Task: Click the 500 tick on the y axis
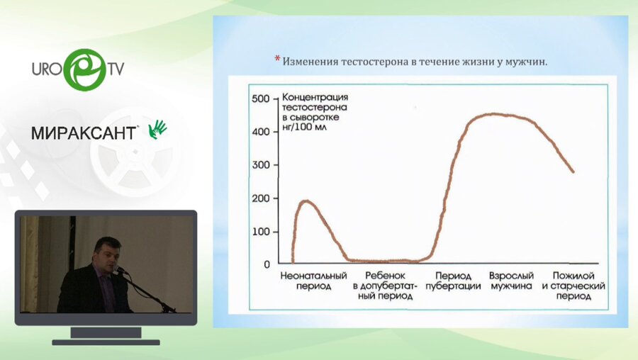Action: tap(261, 99)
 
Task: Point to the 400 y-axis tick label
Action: tap(261, 132)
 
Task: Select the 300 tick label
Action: tap(261, 165)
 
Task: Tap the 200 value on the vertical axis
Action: tap(261, 198)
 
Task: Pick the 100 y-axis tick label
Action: tap(261, 232)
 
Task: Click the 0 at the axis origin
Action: tap(267, 264)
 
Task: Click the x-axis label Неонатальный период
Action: tap(313, 281)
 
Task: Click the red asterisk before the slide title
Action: tap(277, 60)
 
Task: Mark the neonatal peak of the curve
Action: tap(306, 201)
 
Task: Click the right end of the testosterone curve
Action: tap(573, 171)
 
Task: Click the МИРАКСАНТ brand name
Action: tap(84, 133)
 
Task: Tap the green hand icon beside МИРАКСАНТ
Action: tap(157, 128)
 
